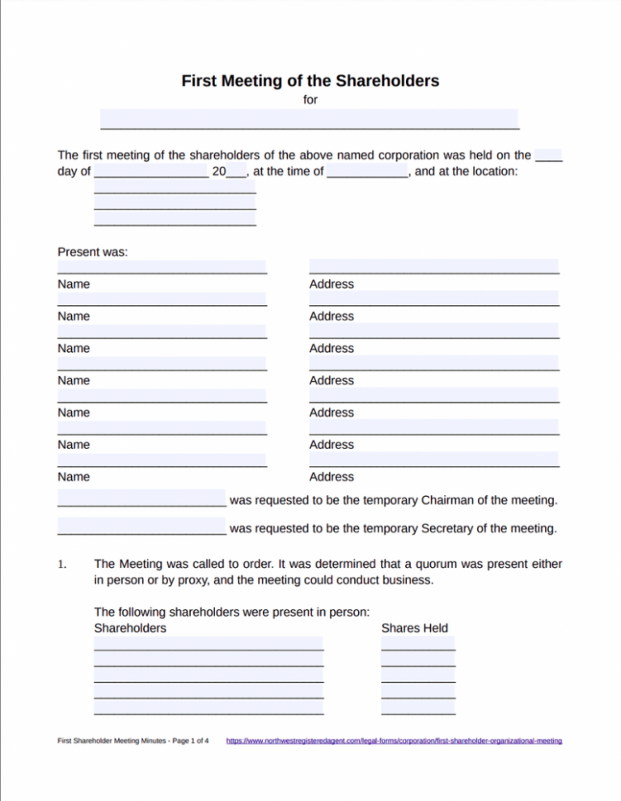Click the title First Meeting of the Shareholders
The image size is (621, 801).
click(x=310, y=81)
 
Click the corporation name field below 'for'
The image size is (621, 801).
click(x=309, y=120)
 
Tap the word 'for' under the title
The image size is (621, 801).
click(x=310, y=100)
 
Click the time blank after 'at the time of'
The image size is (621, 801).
click(x=369, y=172)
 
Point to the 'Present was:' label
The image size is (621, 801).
click(x=93, y=252)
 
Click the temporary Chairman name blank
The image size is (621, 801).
click(x=142, y=500)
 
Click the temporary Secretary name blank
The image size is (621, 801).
click(x=142, y=529)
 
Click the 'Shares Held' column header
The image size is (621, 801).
click(x=414, y=628)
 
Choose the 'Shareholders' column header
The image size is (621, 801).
click(x=130, y=628)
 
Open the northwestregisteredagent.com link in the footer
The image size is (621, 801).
click(x=394, y=741)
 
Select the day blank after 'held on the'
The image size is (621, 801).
click(x=549, y=155)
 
